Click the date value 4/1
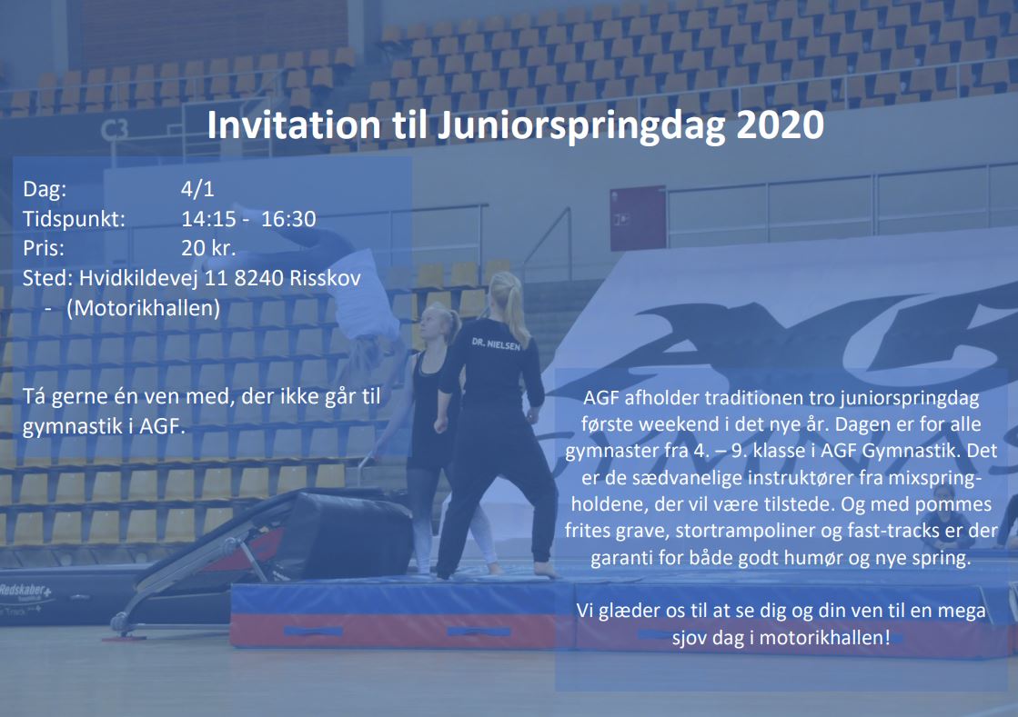click(197, 189)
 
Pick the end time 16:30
click(288, 218)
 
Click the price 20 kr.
click(207, 248)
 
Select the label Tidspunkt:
click(74, 219)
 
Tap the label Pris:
click(44, 248)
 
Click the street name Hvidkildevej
click(138, 278)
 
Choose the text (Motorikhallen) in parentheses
click(144, 308)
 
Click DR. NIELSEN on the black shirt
click(496, 344)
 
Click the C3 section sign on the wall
click(115, 130)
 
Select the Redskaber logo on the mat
click(25, 591)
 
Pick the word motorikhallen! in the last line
click(824, 637)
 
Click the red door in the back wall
click(638, 218)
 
